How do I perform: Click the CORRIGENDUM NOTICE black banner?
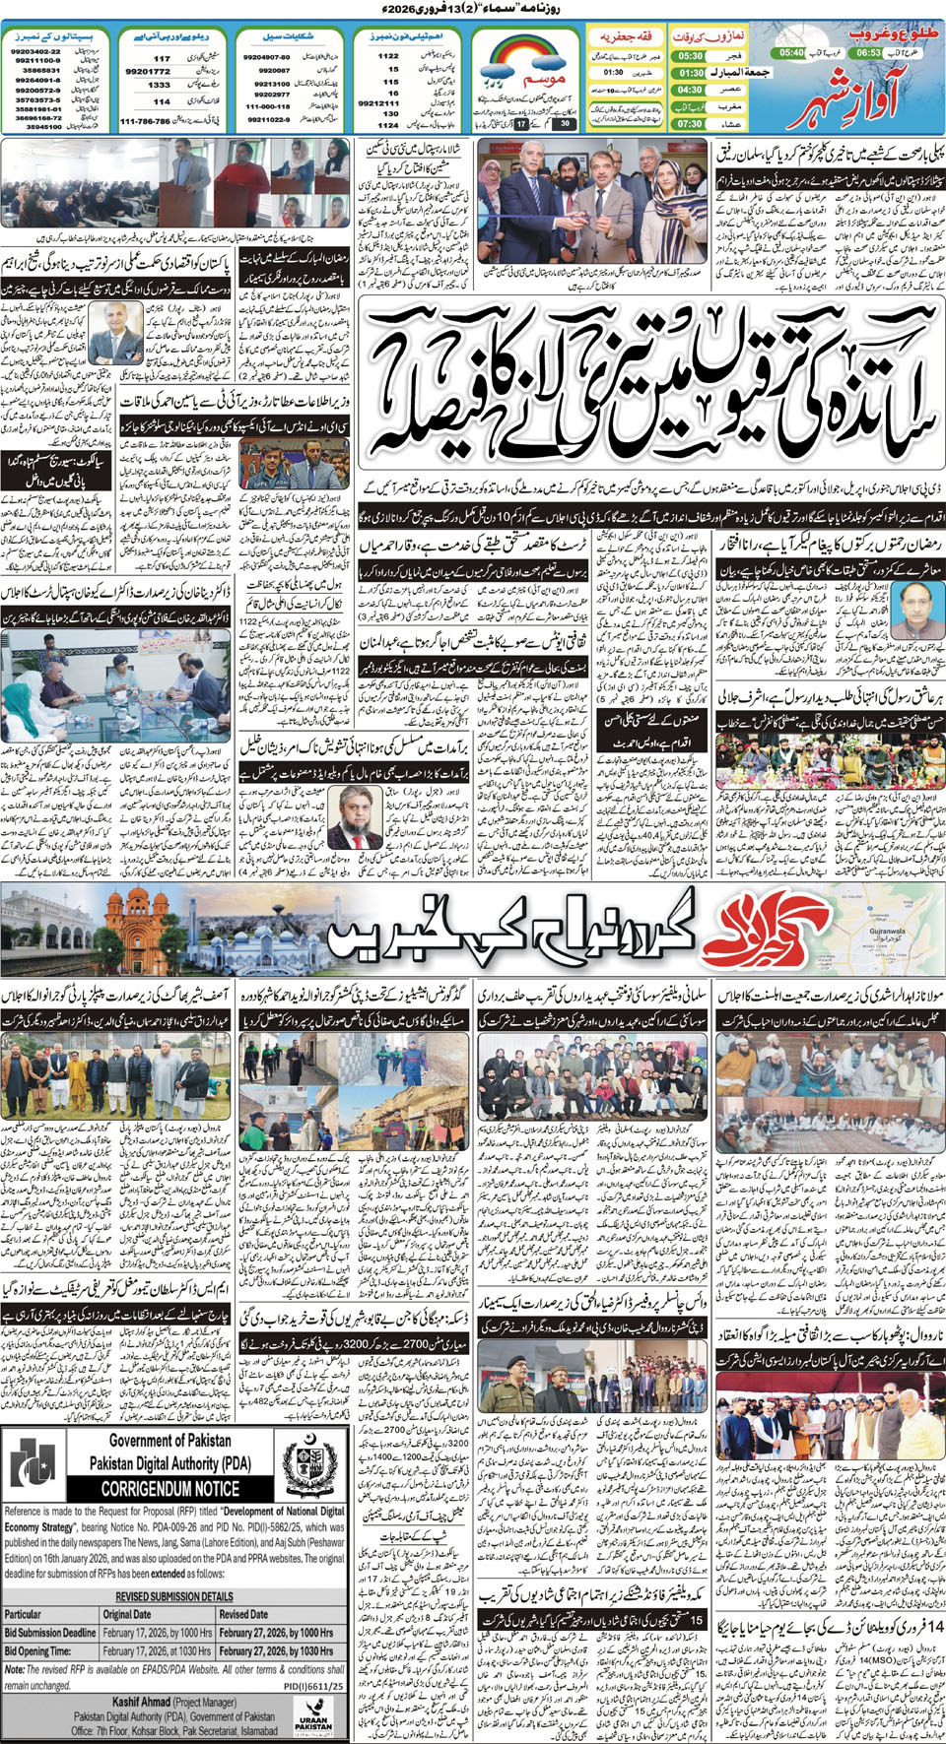click(169, 1489)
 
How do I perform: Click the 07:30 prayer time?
click(690, 124)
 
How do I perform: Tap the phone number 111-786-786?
click(145, 121)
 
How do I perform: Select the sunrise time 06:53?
click(868, 52)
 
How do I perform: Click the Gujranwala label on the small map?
click(886, 930)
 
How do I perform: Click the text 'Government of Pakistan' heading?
click(170, 1441)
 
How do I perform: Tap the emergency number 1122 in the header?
click(388, 56)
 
